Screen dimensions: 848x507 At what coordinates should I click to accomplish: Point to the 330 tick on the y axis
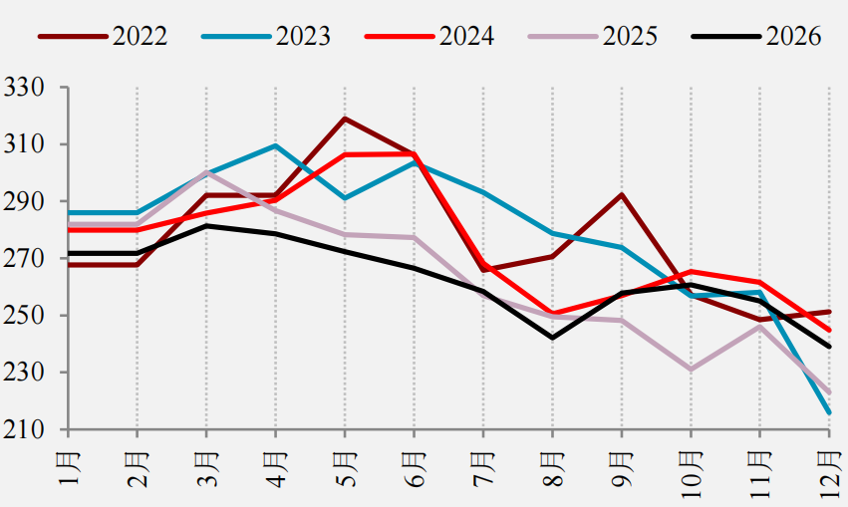pyautogui.click(x=24, y=87)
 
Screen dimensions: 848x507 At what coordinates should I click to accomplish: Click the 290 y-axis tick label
pyautogui.click(x=24, y=201)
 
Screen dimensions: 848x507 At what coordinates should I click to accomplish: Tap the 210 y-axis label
pyautogui.click(x=24, y=429)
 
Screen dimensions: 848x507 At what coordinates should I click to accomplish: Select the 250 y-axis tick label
pyautogui.click(x=24, y=316)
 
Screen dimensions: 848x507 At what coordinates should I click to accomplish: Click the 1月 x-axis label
pyautogui.click(x=69, y=468)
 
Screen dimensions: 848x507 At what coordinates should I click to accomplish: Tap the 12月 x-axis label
pyautogui.click(x=829, y=474)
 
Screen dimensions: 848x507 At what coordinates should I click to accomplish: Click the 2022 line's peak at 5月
pyautogui.click(x=345, y=118)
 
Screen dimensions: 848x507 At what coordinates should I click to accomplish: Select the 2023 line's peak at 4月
pyautogui.click(x=275, y=145)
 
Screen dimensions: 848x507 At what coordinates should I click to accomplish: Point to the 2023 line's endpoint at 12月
pyautogui.click(x=829, y=413)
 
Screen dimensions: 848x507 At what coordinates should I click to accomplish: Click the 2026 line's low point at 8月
pyautogui.click(x=552, y=339)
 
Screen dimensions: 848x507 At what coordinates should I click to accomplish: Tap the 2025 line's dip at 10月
pyautogui.click(x=691, y=370)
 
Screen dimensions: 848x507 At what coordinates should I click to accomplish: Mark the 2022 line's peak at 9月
pyautogui.click(x=622, y=194)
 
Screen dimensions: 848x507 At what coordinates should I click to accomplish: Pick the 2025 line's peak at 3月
pyautogui.click(x=206, y=172)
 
